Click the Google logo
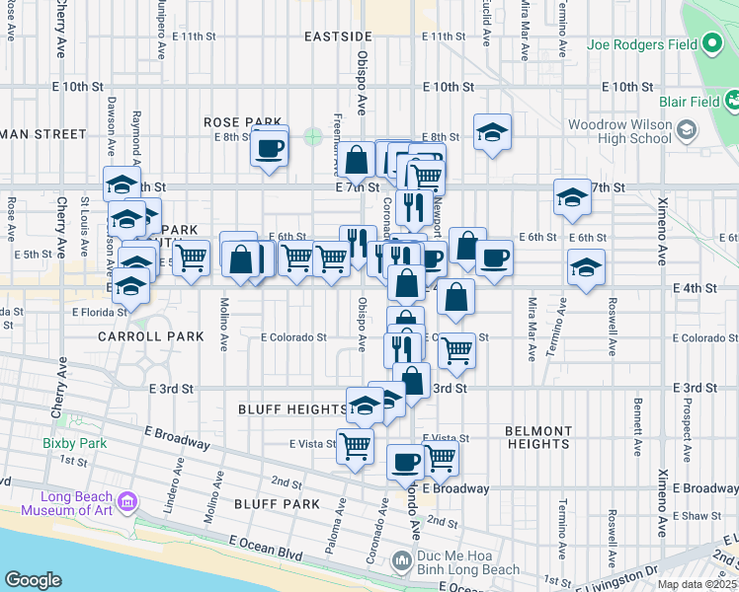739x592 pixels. click(32, 580)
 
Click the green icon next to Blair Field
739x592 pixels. click(732, 100)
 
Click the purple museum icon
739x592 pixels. click(126, 502)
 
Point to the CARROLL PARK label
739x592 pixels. click(151, 336)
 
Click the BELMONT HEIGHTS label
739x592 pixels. click(537, 437)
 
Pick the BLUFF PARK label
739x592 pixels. click(277, 504)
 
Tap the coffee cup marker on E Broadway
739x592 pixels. click(404, 462)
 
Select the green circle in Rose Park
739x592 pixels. click(313, 136)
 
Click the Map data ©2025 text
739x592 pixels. click(696, 584)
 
